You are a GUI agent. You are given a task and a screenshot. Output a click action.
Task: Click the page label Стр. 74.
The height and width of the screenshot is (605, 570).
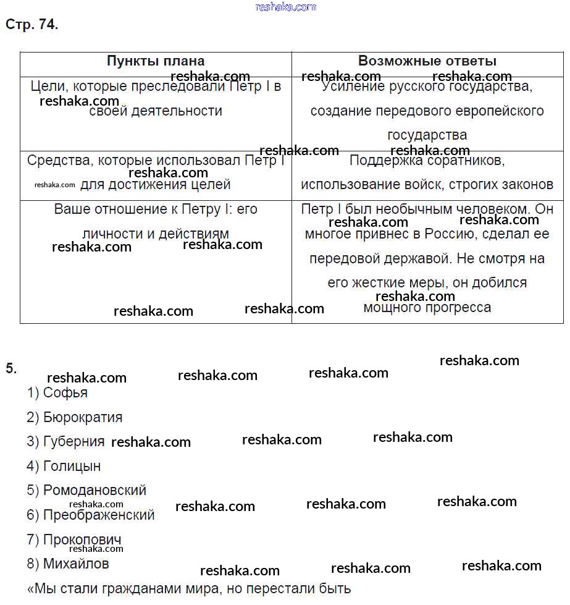point(31,25)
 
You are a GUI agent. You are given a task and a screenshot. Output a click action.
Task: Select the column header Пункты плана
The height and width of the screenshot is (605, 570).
point(156,61)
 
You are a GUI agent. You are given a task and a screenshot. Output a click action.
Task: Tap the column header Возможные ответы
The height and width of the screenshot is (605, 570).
point(427,61)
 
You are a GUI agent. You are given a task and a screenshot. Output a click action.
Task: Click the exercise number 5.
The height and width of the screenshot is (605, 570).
point(10,369)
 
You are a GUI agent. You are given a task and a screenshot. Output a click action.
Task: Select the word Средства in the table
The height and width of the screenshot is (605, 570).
point(57,161)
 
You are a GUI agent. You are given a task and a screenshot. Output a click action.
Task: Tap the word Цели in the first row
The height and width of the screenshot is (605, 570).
point(45,87)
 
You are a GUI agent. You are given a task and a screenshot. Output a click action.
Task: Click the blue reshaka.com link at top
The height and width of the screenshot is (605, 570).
point(285,7)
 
